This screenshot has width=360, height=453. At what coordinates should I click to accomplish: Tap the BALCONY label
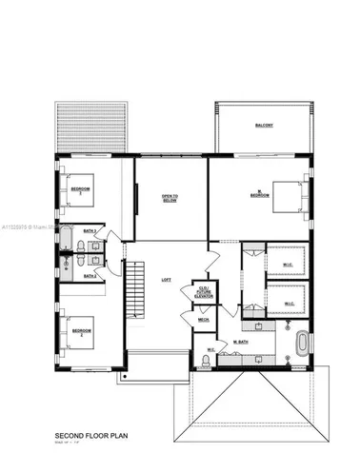tap(266, 125)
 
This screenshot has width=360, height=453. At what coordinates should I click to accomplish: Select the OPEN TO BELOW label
tap(169, 197)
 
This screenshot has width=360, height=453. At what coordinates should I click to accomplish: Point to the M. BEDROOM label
tap(260, 193)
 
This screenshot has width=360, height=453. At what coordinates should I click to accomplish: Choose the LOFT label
tap(166, 280)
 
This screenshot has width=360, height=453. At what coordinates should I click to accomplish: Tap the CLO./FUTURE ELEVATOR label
tap(203, 291)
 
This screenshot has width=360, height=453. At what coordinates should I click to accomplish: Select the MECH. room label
tap(203, 320)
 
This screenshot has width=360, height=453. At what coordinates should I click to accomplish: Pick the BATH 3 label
tap(90, 231)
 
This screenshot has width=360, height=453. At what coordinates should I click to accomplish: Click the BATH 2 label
tap(90, 276)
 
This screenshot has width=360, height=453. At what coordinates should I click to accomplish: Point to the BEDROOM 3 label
tap(83, 189)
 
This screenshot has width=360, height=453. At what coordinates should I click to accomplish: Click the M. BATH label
tap(242, 341)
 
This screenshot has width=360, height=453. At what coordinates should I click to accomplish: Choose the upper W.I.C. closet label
tap(289, 264)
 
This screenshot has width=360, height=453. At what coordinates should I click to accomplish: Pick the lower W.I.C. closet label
tap(289, 305)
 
